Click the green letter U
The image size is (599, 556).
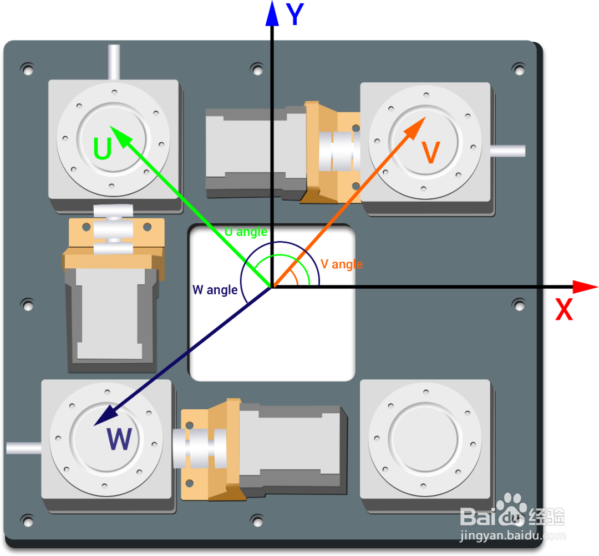[x=103, y=148]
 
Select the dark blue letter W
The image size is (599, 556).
[x=119, y=439]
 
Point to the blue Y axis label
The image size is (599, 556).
[x=295, y=16]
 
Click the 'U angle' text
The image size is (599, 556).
[x=246, y=232]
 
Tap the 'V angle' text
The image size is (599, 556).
[x=342, y=264]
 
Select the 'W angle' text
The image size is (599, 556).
[x=215, y=290]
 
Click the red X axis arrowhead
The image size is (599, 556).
[x=585, y=287]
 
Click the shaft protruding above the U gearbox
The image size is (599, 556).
[x=114, y=62]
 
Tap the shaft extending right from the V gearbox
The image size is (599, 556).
[x=507, y=151]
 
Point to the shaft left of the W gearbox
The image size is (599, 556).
[x=24, y=448]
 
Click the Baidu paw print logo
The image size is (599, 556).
[x=510, y=508]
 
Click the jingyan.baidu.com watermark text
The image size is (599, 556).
[x=513, y=536]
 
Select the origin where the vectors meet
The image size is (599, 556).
[x=272, y=287]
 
